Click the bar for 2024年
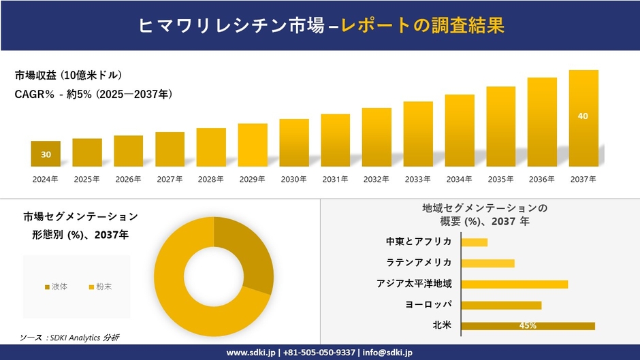point(46,154)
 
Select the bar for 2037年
point(583,118)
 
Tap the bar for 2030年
point(294,143)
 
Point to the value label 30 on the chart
point(46,155)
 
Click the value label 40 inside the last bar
point(583,116)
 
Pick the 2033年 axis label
point(417,180)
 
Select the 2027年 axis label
point(170,180)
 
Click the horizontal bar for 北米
point(528,326)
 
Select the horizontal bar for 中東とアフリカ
point(475,242)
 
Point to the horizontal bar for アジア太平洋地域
point(514,284)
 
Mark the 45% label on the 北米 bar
point(528,326)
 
